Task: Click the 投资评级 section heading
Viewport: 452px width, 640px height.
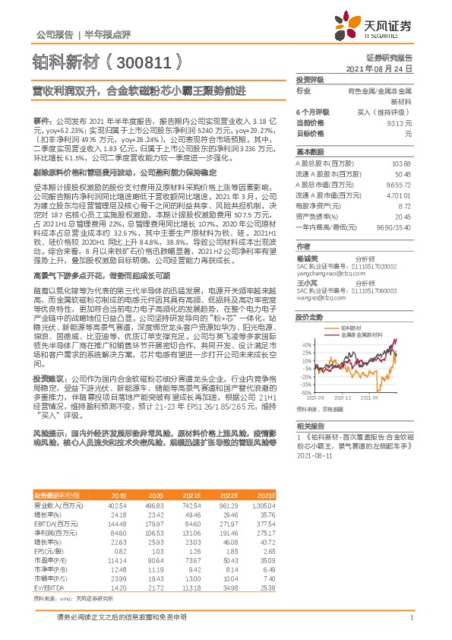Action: pos(310,80)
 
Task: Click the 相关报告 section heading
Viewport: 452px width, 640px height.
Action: pos(310,426)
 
